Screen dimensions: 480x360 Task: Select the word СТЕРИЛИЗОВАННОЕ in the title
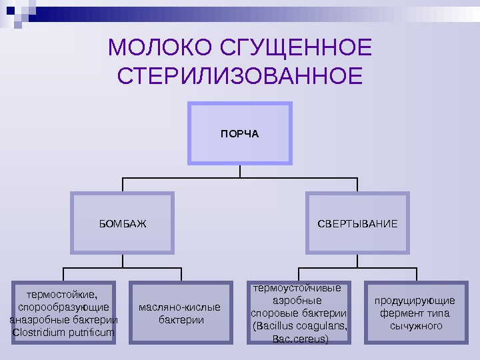[x=240, y=76]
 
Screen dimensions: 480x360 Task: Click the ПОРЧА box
[x=240, y=133]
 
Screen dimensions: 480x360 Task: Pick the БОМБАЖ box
[x=123, y=223]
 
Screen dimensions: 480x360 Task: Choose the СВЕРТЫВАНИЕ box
[x=357, y=223]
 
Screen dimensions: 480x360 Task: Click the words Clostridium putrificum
[x=63, y=331]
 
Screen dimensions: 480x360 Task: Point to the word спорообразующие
[x=64, y=307]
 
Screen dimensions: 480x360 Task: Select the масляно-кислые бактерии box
[x=180, y=313]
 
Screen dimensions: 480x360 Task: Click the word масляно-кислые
[x=180, y=307]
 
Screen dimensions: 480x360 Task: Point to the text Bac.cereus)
[x=301, y=339]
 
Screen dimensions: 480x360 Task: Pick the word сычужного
[x=416, y=326]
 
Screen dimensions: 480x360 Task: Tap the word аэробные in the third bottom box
[x=299, y=301]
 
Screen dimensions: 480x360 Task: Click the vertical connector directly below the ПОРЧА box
[x=240, y=171]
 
